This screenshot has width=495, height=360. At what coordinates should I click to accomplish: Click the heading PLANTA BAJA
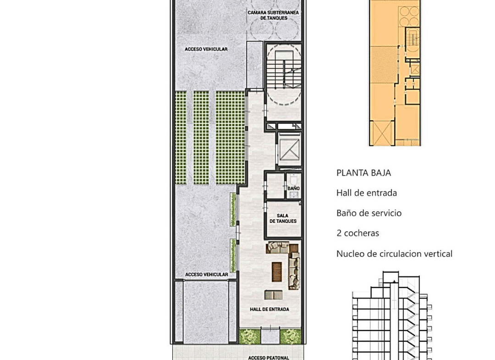tap(363, 173)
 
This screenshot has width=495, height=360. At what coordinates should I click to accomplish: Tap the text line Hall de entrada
tap(367, 193)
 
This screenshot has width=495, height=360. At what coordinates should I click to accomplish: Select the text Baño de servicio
tap(369, 213)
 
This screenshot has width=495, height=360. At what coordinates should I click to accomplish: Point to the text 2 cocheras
tap(357, 233)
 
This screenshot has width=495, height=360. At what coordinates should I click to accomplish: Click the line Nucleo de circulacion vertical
tap(394, 254)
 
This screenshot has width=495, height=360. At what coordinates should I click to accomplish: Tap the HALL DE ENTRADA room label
tap(269, 310)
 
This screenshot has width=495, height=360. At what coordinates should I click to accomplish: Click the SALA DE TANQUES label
tap(283, 219)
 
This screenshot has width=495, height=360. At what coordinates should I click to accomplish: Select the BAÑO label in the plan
tap(293, 188)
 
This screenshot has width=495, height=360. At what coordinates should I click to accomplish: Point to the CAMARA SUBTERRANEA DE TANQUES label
tap(273, 15)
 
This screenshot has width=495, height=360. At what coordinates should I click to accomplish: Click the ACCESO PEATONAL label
tap(268, 358)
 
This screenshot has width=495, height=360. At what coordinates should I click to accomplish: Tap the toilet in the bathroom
tap(294, 179)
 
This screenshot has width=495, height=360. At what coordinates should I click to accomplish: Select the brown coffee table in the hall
tap(277, 271)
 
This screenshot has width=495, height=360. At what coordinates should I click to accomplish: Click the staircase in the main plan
tap(283, 72)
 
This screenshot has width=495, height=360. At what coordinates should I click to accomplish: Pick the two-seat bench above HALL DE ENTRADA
tap(273, 295)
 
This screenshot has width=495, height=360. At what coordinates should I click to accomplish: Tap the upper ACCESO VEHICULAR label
tap(206, 49)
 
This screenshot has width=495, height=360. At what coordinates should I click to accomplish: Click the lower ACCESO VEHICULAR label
tap(206, 275)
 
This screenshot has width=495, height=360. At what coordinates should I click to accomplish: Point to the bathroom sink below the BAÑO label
tap(294, 194)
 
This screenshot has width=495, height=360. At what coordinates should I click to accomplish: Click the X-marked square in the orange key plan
tap(381, 133)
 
